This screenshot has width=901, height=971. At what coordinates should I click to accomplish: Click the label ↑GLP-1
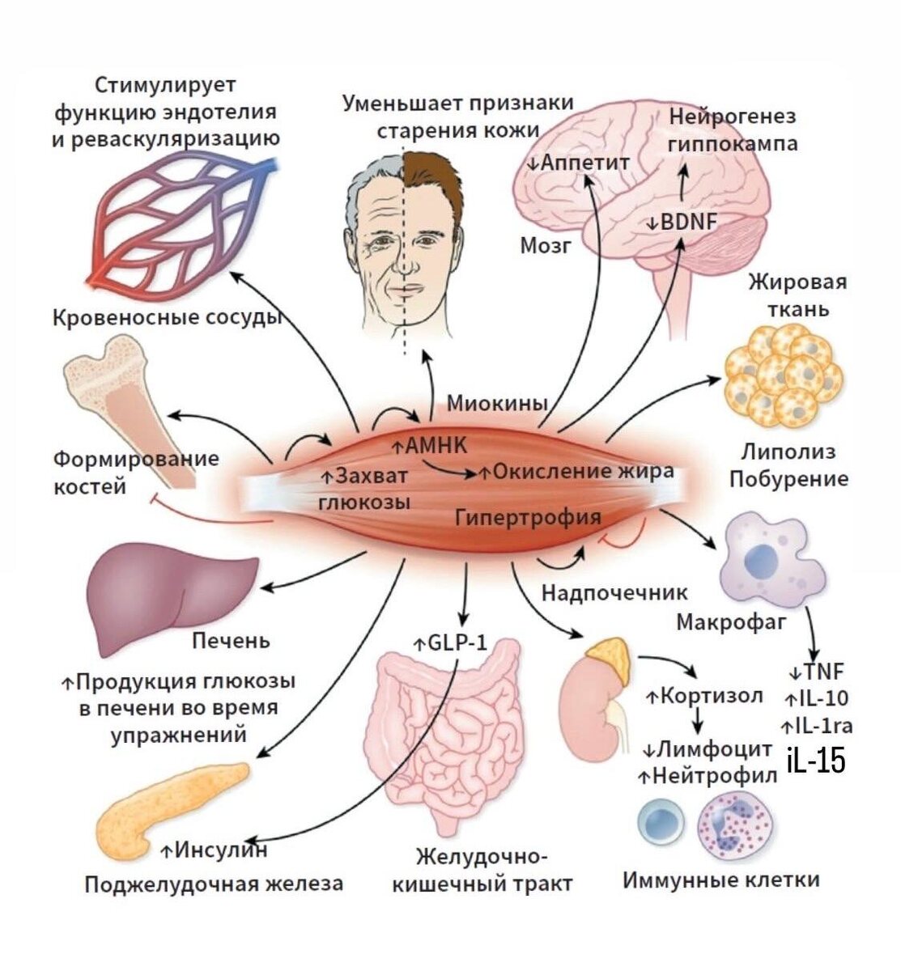(451, 643)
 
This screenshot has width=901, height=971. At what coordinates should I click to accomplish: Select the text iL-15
(816, 761)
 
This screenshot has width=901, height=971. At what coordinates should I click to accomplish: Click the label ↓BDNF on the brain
(682, 221)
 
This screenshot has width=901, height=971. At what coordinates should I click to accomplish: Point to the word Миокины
(498, 402)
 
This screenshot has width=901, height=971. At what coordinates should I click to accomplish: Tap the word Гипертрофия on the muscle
(529, 516)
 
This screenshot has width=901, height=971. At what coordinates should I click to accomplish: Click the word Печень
(231, 641)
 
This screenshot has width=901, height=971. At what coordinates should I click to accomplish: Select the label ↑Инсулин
(214, 850)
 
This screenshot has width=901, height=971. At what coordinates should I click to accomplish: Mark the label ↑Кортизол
(703, 695)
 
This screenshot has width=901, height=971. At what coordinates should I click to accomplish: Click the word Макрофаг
(731, 622)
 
